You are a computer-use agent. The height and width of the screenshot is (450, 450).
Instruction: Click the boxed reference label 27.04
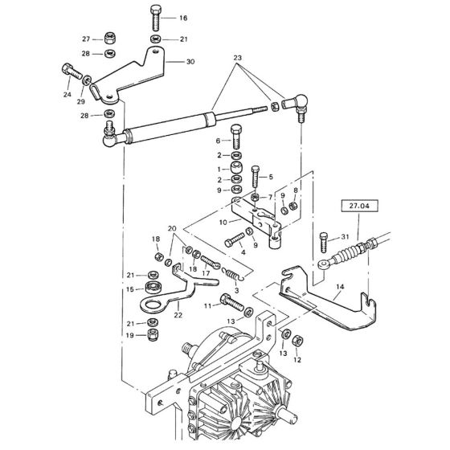click(x=359, y=206)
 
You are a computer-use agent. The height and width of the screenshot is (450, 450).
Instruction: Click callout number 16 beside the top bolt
click(x=183, y=18)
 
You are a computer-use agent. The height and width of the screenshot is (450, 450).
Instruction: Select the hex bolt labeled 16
click(x=156, y=18)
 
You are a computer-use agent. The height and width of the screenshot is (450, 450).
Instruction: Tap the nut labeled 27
click(x=108, y=38)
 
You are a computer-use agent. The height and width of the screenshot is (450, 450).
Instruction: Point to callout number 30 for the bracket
click(x=190, y=62)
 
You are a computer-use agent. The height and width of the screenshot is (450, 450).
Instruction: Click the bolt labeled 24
click(x=72, y=72)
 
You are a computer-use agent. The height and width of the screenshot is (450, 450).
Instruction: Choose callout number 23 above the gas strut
click(x=237, y=58)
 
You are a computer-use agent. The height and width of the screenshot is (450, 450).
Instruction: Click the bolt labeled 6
click(x=236, y=136)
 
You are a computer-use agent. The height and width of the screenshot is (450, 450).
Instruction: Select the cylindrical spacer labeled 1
click(x=236, y=168)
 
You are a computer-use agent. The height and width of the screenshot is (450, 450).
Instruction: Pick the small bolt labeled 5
click(x=256, y=176)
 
